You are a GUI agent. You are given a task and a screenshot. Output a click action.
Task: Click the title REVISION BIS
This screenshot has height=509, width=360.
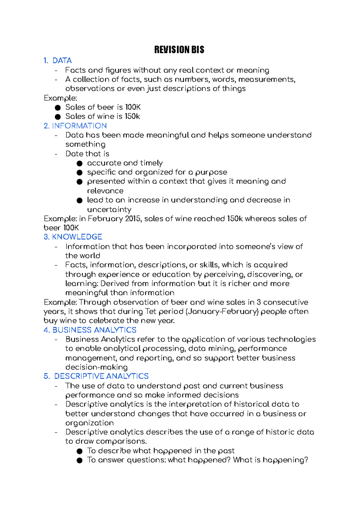point(179,50)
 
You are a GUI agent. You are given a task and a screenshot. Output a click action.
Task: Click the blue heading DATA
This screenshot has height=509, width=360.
point(62,61)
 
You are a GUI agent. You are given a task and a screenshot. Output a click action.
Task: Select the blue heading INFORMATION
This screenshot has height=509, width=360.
point(79,126)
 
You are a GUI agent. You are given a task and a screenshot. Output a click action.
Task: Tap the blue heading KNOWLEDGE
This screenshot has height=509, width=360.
point(77,237)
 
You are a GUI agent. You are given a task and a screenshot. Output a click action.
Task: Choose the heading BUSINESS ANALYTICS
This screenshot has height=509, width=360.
point(94,330)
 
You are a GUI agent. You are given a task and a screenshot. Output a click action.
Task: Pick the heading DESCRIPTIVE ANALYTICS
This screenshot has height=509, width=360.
point(101,376)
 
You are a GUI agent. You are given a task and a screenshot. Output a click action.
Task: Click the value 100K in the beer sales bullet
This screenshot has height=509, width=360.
point(133,107)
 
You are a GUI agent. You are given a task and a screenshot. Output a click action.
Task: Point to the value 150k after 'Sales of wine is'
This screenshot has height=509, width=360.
point(132,116)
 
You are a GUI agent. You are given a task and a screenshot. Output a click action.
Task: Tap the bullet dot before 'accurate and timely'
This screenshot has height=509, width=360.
point(79,163)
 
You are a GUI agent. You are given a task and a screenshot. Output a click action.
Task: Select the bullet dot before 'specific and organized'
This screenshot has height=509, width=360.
point(79,173)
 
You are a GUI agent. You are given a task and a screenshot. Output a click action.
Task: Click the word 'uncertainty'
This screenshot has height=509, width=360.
point(109,209)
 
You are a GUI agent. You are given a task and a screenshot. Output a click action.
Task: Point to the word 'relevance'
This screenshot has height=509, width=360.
point(105,191)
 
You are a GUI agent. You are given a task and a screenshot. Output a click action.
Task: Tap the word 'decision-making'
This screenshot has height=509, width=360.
point(96,367)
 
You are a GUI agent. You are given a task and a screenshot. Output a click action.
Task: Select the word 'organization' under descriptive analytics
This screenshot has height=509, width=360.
point(89,423)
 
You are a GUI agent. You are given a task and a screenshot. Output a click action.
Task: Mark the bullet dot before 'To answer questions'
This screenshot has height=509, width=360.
point(79,460)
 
